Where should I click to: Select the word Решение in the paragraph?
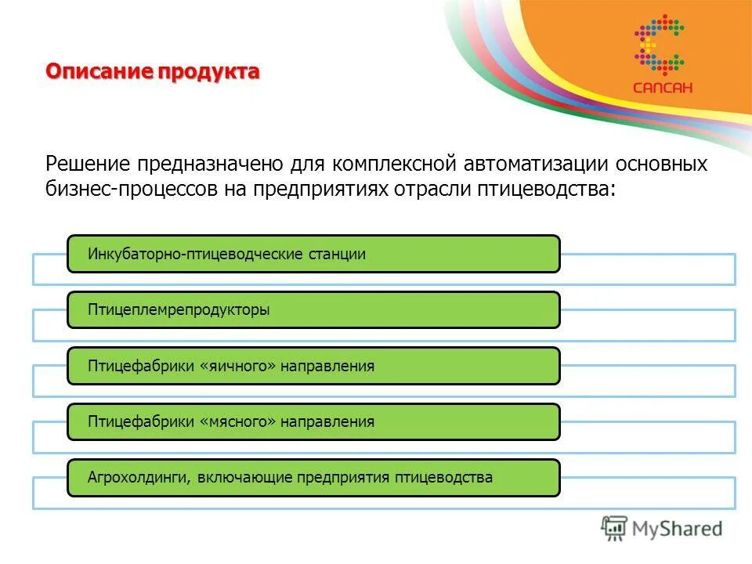(x=89, y=164)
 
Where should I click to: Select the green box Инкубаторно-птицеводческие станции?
(x=313, y=254)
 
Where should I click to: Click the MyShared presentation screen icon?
(x=614, y=528)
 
